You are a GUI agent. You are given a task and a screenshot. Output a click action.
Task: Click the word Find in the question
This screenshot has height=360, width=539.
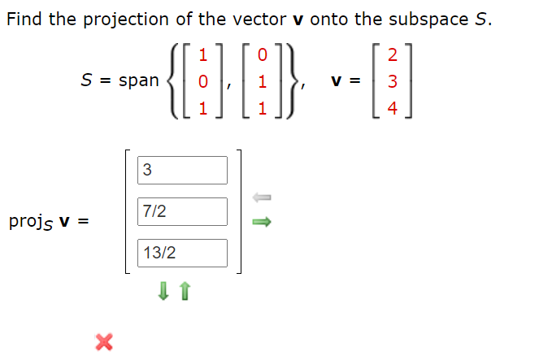[x=24, y=19]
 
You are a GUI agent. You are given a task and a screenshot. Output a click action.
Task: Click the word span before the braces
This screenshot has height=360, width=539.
[x=139, y=81]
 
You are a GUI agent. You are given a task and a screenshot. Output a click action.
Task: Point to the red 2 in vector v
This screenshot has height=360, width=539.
[x=393, y=55]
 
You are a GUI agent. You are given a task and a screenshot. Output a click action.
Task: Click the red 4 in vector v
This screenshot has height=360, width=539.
[x=393, y=108]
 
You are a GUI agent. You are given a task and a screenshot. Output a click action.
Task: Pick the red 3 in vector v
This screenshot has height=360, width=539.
[x=393, y=81]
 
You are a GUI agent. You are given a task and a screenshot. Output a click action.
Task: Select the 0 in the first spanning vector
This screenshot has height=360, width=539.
[x=203, y=81]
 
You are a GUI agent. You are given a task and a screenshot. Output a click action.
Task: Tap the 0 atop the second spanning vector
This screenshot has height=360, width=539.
[x=260, y=55]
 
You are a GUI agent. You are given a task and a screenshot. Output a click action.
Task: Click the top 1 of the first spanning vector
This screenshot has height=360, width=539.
[x=203, y=55]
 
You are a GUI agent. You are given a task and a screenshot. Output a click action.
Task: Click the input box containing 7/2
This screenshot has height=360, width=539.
[x=182, y=211]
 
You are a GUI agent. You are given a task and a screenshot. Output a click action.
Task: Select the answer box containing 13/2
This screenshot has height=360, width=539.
[x=182, y=253]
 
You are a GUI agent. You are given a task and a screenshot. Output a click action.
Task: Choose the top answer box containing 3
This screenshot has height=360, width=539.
[x=182, y=170]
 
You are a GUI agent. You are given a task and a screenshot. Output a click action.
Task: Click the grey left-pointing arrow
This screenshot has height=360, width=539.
[x=260, y=197]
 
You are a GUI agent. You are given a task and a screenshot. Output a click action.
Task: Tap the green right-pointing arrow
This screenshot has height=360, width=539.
[x=260, y=221]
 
